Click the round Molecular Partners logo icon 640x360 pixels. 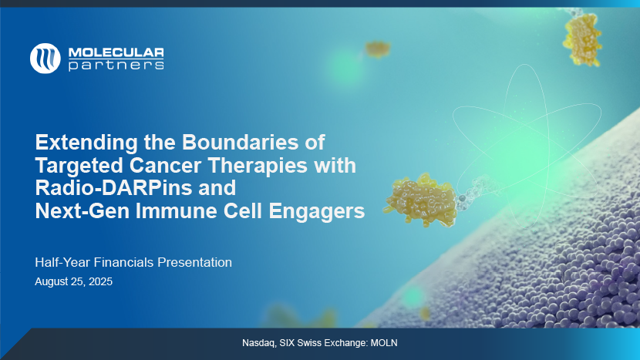45,59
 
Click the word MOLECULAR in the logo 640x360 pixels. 116,52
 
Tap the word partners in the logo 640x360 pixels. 116,66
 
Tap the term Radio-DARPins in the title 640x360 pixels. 113,188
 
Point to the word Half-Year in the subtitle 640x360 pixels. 62,262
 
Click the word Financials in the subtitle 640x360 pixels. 123,262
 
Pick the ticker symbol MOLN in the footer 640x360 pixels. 384,343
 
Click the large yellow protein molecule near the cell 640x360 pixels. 420,200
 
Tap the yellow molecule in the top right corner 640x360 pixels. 582,39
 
